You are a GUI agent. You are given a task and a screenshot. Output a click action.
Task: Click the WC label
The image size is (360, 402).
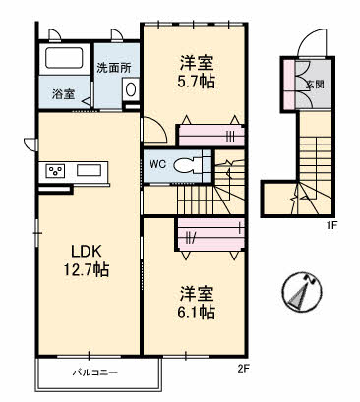point(157,164)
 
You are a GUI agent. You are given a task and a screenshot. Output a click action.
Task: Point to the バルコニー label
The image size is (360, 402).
point(93,374)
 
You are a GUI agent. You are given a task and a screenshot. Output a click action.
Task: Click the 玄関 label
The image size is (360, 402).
point(313,85)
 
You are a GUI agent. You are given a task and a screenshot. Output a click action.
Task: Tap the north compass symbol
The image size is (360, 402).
point(298,289)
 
